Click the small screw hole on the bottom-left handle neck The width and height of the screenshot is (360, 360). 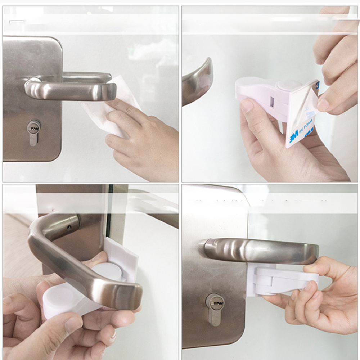68,228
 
